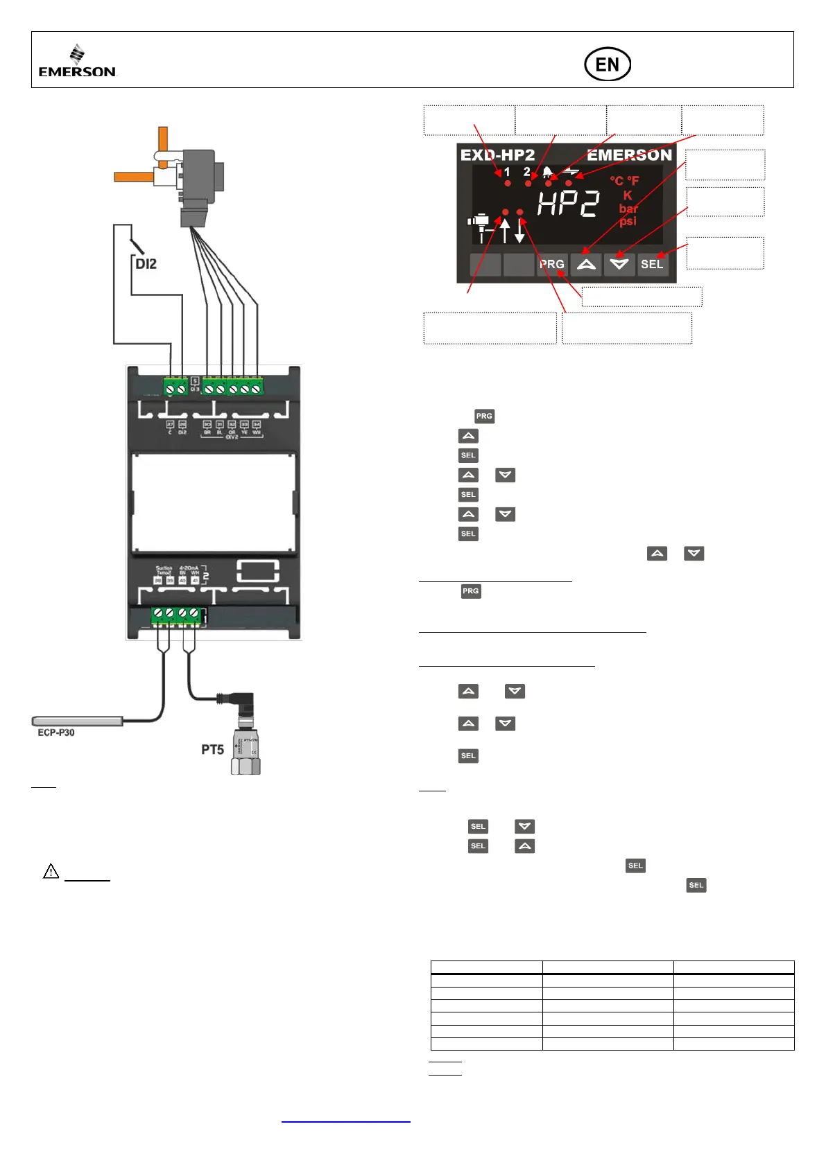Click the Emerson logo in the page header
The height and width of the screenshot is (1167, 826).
(77, 61)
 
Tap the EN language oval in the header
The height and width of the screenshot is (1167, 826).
(607, 64)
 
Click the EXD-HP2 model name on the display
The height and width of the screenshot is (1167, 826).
(497, 155)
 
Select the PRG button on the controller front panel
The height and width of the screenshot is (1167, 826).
(552, 264)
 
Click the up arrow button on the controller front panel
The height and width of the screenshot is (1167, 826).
(586, 264)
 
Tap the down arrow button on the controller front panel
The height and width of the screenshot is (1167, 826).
(619, 264)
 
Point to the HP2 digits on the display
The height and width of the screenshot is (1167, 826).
(568, 204)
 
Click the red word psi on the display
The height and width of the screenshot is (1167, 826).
(628, 221)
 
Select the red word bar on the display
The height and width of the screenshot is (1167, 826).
(628, 209)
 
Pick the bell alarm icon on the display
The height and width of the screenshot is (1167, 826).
(548, 172)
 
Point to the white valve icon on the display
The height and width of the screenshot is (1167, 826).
(479, 226)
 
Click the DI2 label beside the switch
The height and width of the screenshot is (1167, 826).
(146, 264)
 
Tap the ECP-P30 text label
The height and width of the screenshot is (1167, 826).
(56, 732)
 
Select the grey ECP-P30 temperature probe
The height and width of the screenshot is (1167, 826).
(77, 721)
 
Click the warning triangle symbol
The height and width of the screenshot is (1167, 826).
(51, 871)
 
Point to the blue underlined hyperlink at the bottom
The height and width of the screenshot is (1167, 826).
(346, 1119)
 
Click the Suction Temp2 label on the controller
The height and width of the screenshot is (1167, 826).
(164, 571)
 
